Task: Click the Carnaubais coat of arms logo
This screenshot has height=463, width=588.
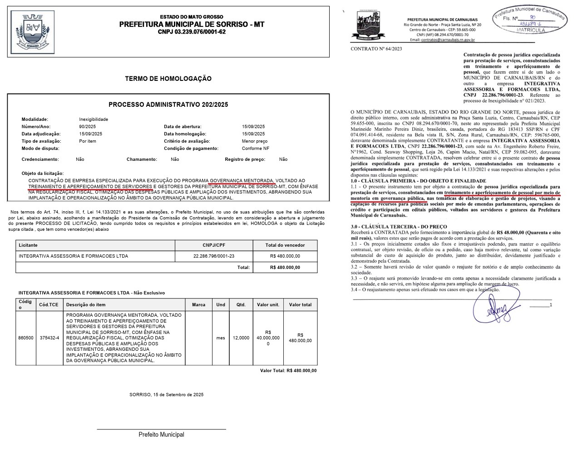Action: pyautogui.click(x=367, y=25)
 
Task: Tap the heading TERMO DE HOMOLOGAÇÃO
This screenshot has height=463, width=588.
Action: pyautogui.click(x=168, y=79)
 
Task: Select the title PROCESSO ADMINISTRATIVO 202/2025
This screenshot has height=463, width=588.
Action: pyautogui.click(x=168, y=105)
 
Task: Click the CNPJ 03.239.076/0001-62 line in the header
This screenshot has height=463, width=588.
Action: pyautogui.click(x=192, y=32)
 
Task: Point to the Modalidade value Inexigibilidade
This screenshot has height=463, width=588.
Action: pyautogui.click(x=94, y=119)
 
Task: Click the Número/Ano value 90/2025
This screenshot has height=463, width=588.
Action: pyautogui.click(x=87, y=127)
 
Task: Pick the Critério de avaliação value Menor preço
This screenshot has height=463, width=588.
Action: pyautogui.click(x=255, y=141)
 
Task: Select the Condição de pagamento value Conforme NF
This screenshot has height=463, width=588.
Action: pyautogui.click(x=256, y=149)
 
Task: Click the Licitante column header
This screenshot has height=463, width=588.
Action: pyautogui.click(x=28, y=245)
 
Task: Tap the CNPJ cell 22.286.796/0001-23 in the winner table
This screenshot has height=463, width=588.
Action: pyautogui.click(x=213, y=256)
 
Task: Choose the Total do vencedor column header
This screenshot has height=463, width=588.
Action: pyautogui.click(x=285, y=245)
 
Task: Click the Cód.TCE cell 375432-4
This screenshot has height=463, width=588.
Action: pyautogui.click(x=49, y=338)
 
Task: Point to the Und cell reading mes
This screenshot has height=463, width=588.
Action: pyautogui.click(x=221, y=338)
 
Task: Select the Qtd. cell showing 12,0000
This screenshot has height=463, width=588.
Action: pyautogui.click(x=241, y=338)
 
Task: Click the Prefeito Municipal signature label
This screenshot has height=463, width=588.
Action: pyautogui.click(x=161, y=435)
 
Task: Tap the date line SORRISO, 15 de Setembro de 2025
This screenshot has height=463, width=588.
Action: pyautogui.click(x=166, y=395)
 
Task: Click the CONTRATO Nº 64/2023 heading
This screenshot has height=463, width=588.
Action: pyautogui.click(x=376, y=49)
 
